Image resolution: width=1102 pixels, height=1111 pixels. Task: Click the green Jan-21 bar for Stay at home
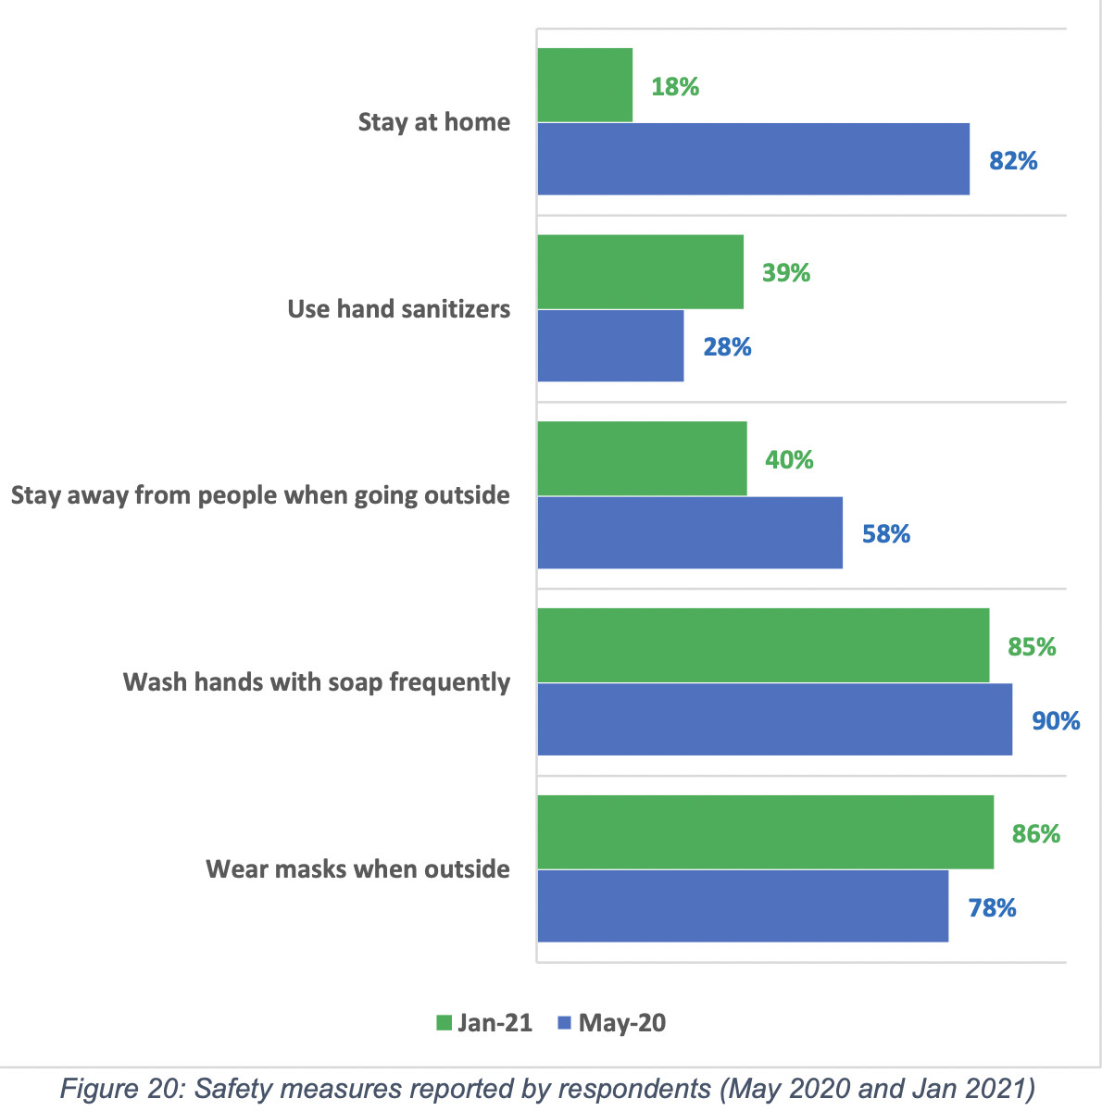pyautogui.click(x=585, y=85)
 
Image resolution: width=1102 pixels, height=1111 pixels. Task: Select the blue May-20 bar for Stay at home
pyautogui.click(x=753, y=159)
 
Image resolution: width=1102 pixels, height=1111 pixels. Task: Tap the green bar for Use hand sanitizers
pyautogui.click(x=640, y=271)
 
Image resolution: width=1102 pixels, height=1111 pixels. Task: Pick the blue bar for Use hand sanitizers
pyautogui.click(x=610, y=346)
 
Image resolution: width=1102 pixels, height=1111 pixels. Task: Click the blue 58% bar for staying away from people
pyautogui.click(x=690, y=532)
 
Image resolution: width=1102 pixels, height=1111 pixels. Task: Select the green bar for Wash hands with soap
pyautogui.click(x=763, y=645)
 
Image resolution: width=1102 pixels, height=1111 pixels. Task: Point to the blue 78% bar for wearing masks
pyautogui.click(x=743, y=906)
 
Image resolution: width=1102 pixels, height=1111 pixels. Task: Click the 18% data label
pyautogui.click(x=675, y=87)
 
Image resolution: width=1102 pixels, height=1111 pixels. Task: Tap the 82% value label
pyautogui.click(x=1013, y=161)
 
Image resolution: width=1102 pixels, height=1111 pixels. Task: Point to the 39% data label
pyautogui.click(x=786, y=273)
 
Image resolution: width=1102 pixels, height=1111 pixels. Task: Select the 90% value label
pyautogui.click(x=1056, y=720)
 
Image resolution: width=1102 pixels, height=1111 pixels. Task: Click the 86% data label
pyautogui.click(x=1035, y=834)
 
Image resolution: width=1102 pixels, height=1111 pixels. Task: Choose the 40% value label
pyautogui.click(x=789, y=459)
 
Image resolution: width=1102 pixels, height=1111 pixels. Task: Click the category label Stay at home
pyautogui.click(x=433, y=122)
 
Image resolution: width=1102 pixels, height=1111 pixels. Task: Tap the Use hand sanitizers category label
pyautogui.click(x=398, y=308)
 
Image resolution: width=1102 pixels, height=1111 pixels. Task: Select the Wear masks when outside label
pyautogui.click(x=357, y=869)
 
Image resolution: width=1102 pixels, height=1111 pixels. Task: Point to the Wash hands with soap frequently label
pyautogui.click(x=317, y=682)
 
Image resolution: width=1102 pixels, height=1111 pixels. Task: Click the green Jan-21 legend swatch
pyautogui.click(x=444, y=1023)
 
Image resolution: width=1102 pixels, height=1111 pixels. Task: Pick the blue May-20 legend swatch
pyautogui.click(x=564, y=1023)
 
